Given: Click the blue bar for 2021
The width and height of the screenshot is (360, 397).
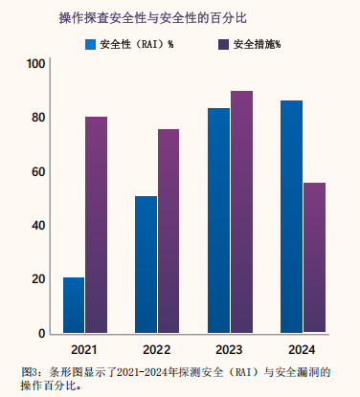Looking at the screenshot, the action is coord(74,305).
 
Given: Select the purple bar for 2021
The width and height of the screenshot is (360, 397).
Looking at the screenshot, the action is coord(97,225).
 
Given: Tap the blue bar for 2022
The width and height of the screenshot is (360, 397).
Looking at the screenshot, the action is coord(146,264).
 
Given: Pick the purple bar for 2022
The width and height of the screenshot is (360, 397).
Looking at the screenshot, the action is coord(169,231).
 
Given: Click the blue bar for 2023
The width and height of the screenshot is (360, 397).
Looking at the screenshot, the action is coord(218,220).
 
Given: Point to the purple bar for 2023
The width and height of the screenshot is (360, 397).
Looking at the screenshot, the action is coord(241,211).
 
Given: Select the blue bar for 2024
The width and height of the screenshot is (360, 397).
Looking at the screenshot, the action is coord(291,216).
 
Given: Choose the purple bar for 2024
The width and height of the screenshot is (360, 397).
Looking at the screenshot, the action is coord(314,257).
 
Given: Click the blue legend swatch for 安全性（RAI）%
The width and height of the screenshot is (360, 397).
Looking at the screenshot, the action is coord(90,44).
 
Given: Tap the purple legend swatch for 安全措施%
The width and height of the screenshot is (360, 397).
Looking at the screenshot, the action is coord(224,44).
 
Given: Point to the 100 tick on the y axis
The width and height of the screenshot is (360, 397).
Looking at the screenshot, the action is coord(35,64).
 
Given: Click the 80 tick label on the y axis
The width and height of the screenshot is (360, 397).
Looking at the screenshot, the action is coord(38,118).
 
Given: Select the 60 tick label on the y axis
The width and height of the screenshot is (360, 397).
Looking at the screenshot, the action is coord(38,171).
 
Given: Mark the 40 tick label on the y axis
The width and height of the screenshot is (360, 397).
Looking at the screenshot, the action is coord(38,226).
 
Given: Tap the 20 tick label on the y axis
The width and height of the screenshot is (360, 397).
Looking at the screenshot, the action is coord(38,279).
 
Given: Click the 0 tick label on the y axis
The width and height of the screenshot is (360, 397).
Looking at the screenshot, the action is coord(42,333).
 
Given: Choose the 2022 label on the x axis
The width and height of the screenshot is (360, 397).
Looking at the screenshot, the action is coord(157,350).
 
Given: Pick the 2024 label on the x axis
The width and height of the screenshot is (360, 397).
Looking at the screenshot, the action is coord(302,350).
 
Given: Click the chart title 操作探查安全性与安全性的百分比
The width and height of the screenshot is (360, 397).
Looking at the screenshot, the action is coord(153,18).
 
